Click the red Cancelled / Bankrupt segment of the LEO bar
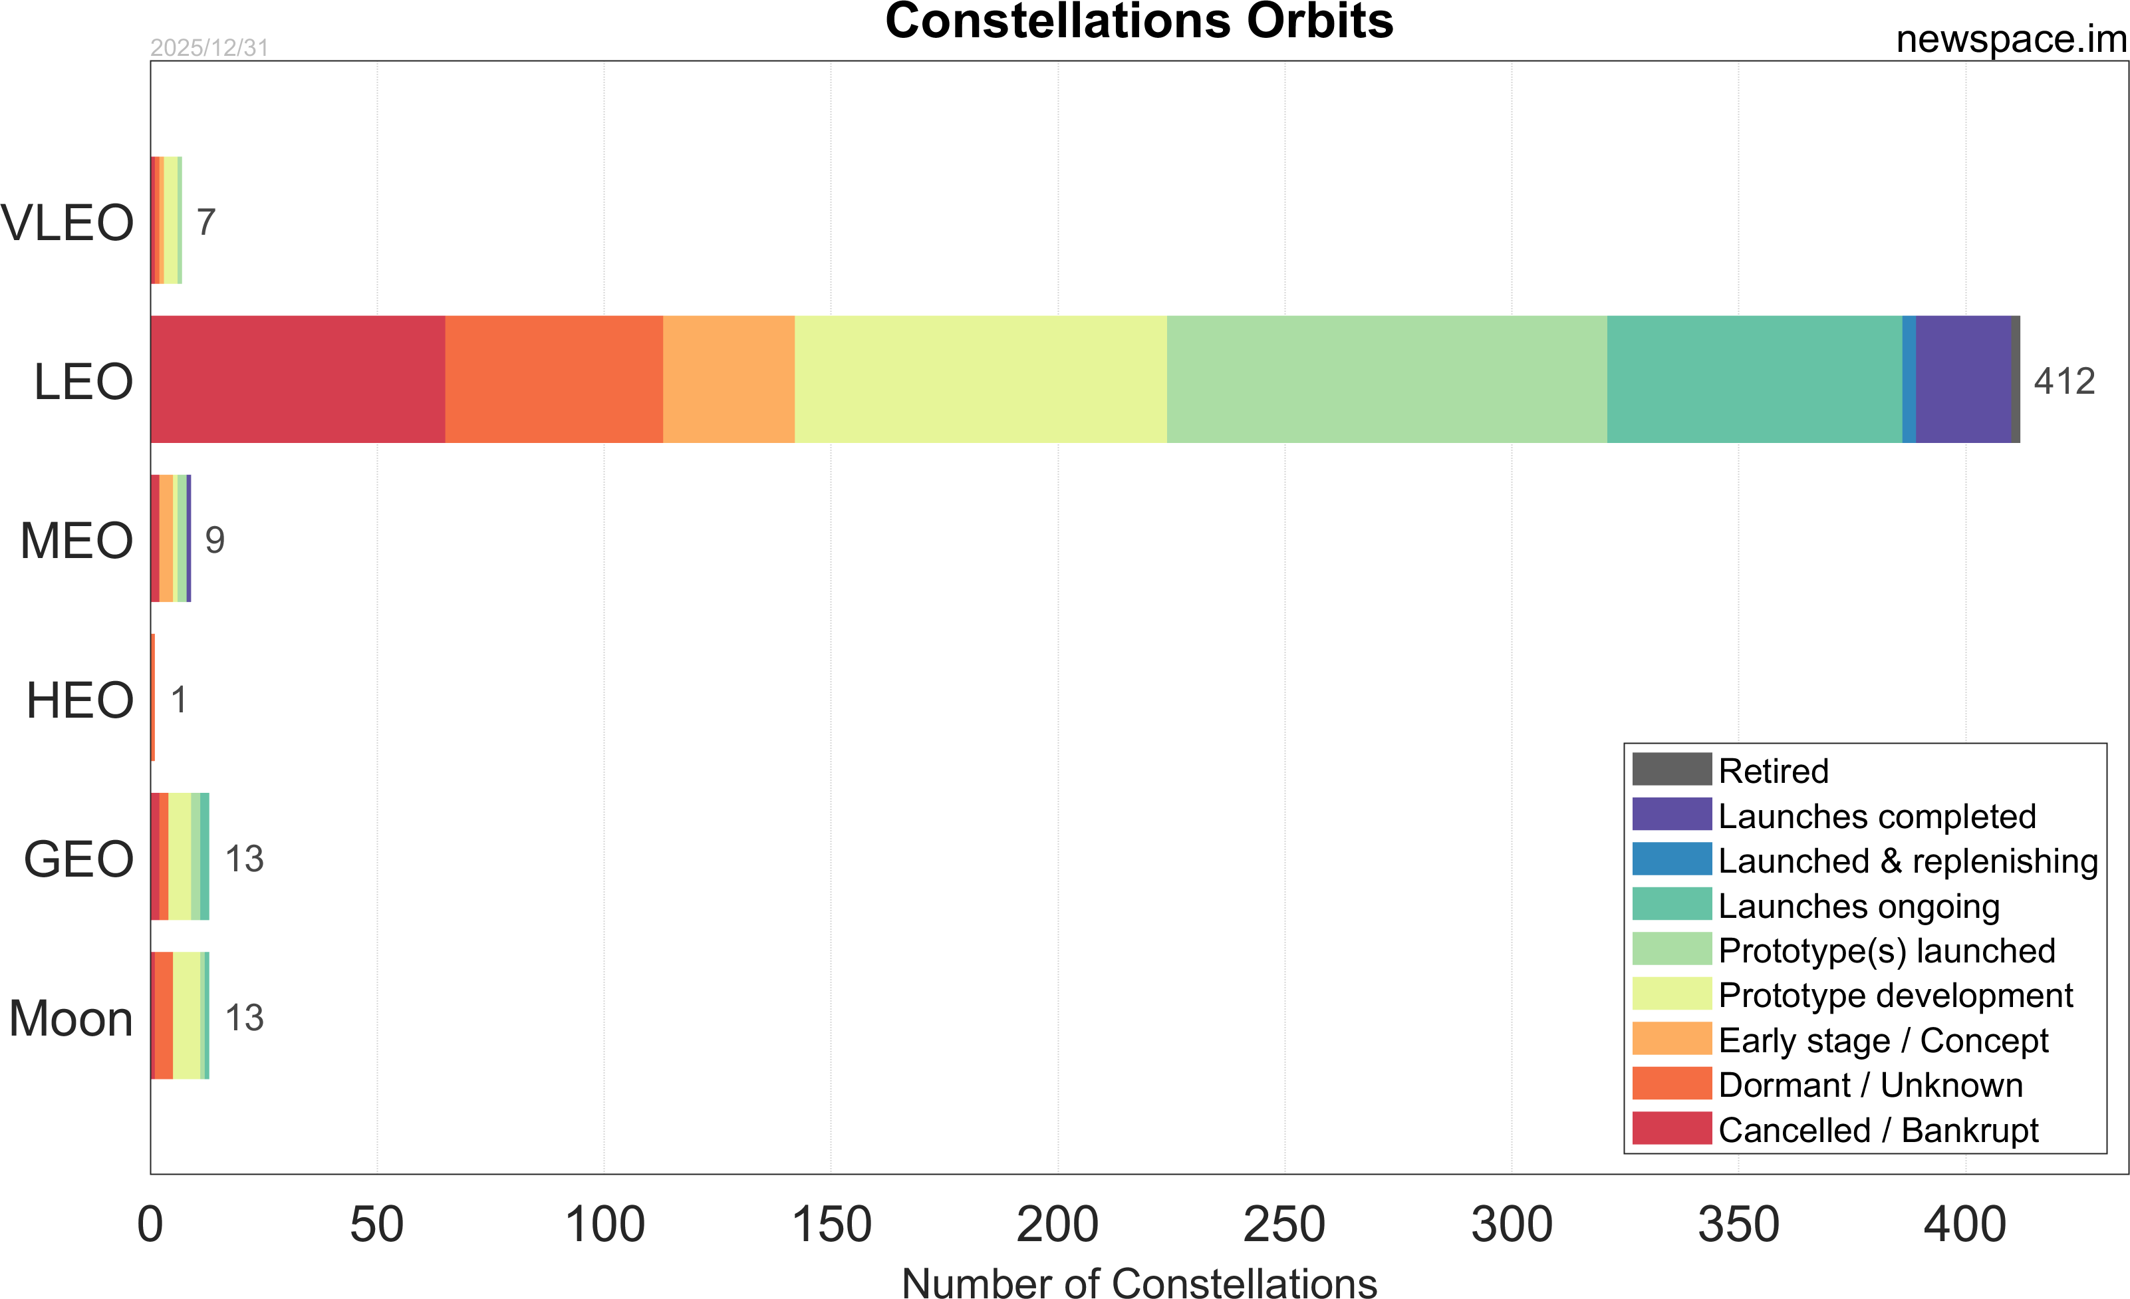click(297, 380)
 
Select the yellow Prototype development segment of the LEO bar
click(980, 380)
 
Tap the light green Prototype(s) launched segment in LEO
click(1387, 380)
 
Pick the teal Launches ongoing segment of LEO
click(1754, 380)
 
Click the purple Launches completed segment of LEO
click(1963, 380)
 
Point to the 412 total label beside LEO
click(2064, 381)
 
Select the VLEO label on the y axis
click(67, 223)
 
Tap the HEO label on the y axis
click(80, 700)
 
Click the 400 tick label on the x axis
click(1965, 1225)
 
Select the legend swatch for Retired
click(1671, 769)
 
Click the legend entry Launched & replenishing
click(1908, 861)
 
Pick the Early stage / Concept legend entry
click(1883, 1040)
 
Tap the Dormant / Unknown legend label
click(1870, 1085)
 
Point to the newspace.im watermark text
click(2011, 40)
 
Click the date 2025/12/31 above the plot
click(209, 48)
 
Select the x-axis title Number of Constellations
click(1139, 1282)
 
